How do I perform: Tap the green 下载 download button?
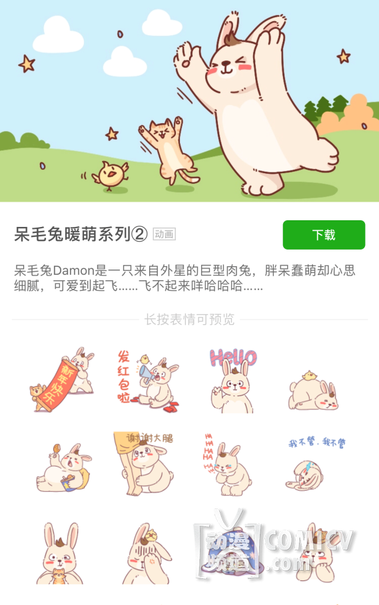[x=324, y=234]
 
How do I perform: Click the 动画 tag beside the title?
[x=165, y=234]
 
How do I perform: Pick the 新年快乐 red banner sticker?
[x=62, y=379]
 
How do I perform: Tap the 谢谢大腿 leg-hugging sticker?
[x=144, y=463]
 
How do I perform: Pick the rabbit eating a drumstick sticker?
[x=63, y=468]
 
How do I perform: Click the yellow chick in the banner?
[x=111, y=176]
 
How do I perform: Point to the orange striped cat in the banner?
[x=169, y=150]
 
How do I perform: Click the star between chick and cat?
[x=112, y=134]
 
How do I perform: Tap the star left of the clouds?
[x=27, y=64]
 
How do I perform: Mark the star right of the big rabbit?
[x=343, y=57]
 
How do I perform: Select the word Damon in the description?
[x=74, y=270]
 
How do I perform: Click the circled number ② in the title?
[x=139, y=234]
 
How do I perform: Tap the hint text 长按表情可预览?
[x=189, y=319]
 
